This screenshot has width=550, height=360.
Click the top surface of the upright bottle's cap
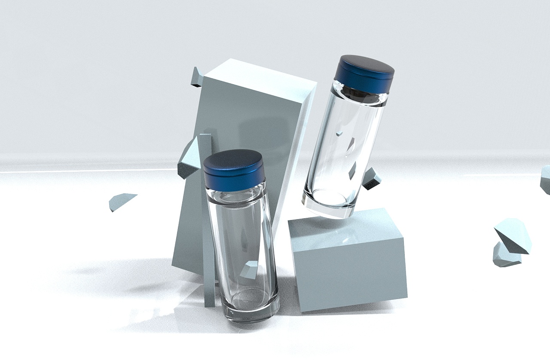233,159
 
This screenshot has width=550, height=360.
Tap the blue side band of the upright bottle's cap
235,179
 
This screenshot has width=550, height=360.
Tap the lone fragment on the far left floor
121,201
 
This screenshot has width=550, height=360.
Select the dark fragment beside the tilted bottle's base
371,178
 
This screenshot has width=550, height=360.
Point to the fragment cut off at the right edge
546,179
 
